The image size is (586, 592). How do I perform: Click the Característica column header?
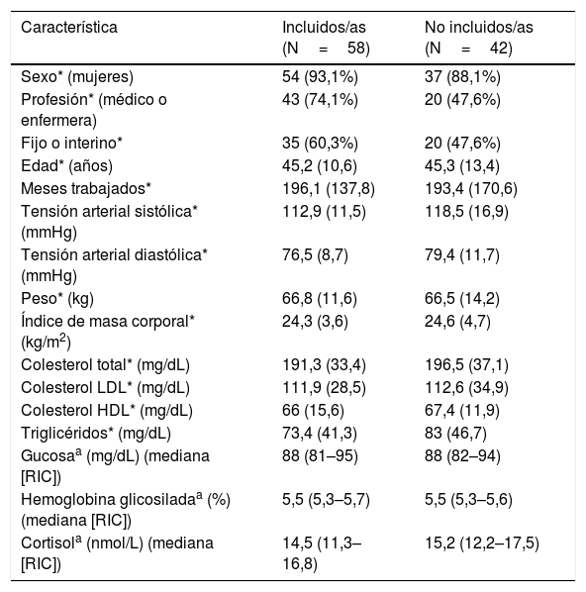pyautogui.click(x=69, y=27)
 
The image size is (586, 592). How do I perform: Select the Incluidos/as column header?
pyautogui.click(x=327, y=38)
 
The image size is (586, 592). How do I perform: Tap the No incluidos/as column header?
pyautogui.click(x=479, y=38)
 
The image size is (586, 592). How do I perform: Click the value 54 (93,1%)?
pyautogui.click(x=320, y=76)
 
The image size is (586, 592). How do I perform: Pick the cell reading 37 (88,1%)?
pyautogui.click(x=462, y=76)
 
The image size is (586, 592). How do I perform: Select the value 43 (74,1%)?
pyautogui.click(x=320, y=99)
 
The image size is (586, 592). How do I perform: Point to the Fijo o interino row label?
pyautogui.click(x=71, y=144)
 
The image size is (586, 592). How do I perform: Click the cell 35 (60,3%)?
pyautogui.click(x=320, y=144)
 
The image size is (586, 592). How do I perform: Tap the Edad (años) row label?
pyautogui.click(x=67, y=165)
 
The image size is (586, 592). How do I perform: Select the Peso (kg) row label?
pyautogui.click(x=57, y=298)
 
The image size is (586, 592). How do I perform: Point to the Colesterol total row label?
pyautogui.click(x=105, y=364)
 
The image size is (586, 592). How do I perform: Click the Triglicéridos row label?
pyautogui.click(x=96, y=433)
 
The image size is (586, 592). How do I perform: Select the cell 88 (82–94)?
pyautogui.click(x=462, y=455)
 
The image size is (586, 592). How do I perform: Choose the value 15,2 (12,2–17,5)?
pyautogui.click(x=482, y=543)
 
